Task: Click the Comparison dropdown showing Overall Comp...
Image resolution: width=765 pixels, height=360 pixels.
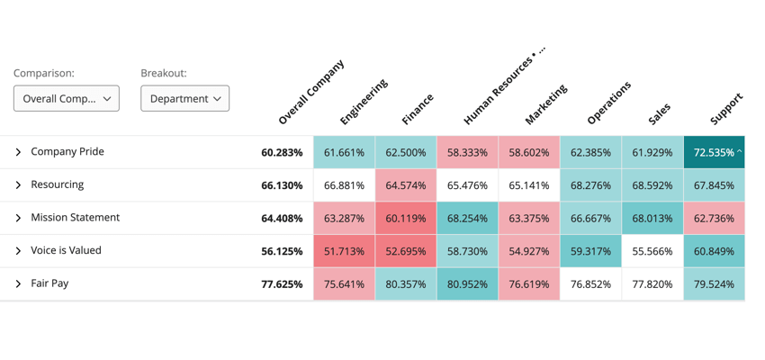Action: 67,99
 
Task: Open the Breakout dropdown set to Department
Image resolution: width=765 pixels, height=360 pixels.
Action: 184,99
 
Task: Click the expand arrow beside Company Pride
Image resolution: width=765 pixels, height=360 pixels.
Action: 18,153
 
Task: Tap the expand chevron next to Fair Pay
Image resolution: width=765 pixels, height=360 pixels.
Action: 18,284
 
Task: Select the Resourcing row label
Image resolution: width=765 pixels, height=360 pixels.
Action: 57,184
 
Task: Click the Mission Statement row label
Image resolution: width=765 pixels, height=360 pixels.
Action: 75,218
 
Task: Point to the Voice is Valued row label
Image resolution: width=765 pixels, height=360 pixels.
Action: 66,251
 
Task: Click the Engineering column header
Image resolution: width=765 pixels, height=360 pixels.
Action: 364,102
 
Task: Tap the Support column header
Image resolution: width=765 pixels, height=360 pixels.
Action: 726,108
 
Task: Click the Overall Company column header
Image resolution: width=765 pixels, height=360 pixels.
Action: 310,92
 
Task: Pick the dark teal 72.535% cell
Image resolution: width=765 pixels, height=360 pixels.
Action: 714,153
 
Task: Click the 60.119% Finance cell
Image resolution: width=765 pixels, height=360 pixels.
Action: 406,219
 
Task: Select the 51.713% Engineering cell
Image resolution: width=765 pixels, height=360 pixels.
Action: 344,252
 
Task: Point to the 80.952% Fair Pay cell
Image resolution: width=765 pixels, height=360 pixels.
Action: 467,284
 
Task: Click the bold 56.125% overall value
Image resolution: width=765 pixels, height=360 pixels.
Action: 282,252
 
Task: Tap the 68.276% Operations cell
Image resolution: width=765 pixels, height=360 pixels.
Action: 590,186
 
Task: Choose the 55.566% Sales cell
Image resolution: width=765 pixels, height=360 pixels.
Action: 652,252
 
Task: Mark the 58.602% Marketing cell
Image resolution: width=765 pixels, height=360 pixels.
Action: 528,153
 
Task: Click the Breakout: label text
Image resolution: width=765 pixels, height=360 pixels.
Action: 164,74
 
